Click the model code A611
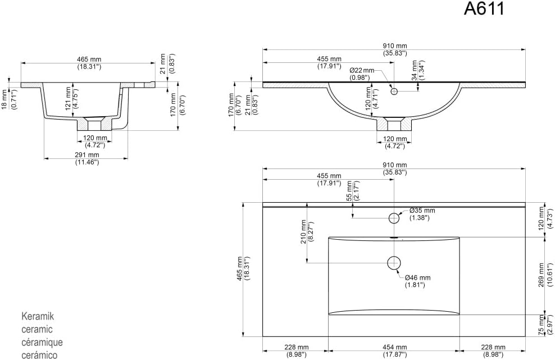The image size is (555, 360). point(484,8)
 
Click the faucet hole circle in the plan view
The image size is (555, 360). point(394,218)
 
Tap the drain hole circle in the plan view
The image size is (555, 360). point(394,263)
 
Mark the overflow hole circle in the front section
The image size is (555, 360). point(394,92)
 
